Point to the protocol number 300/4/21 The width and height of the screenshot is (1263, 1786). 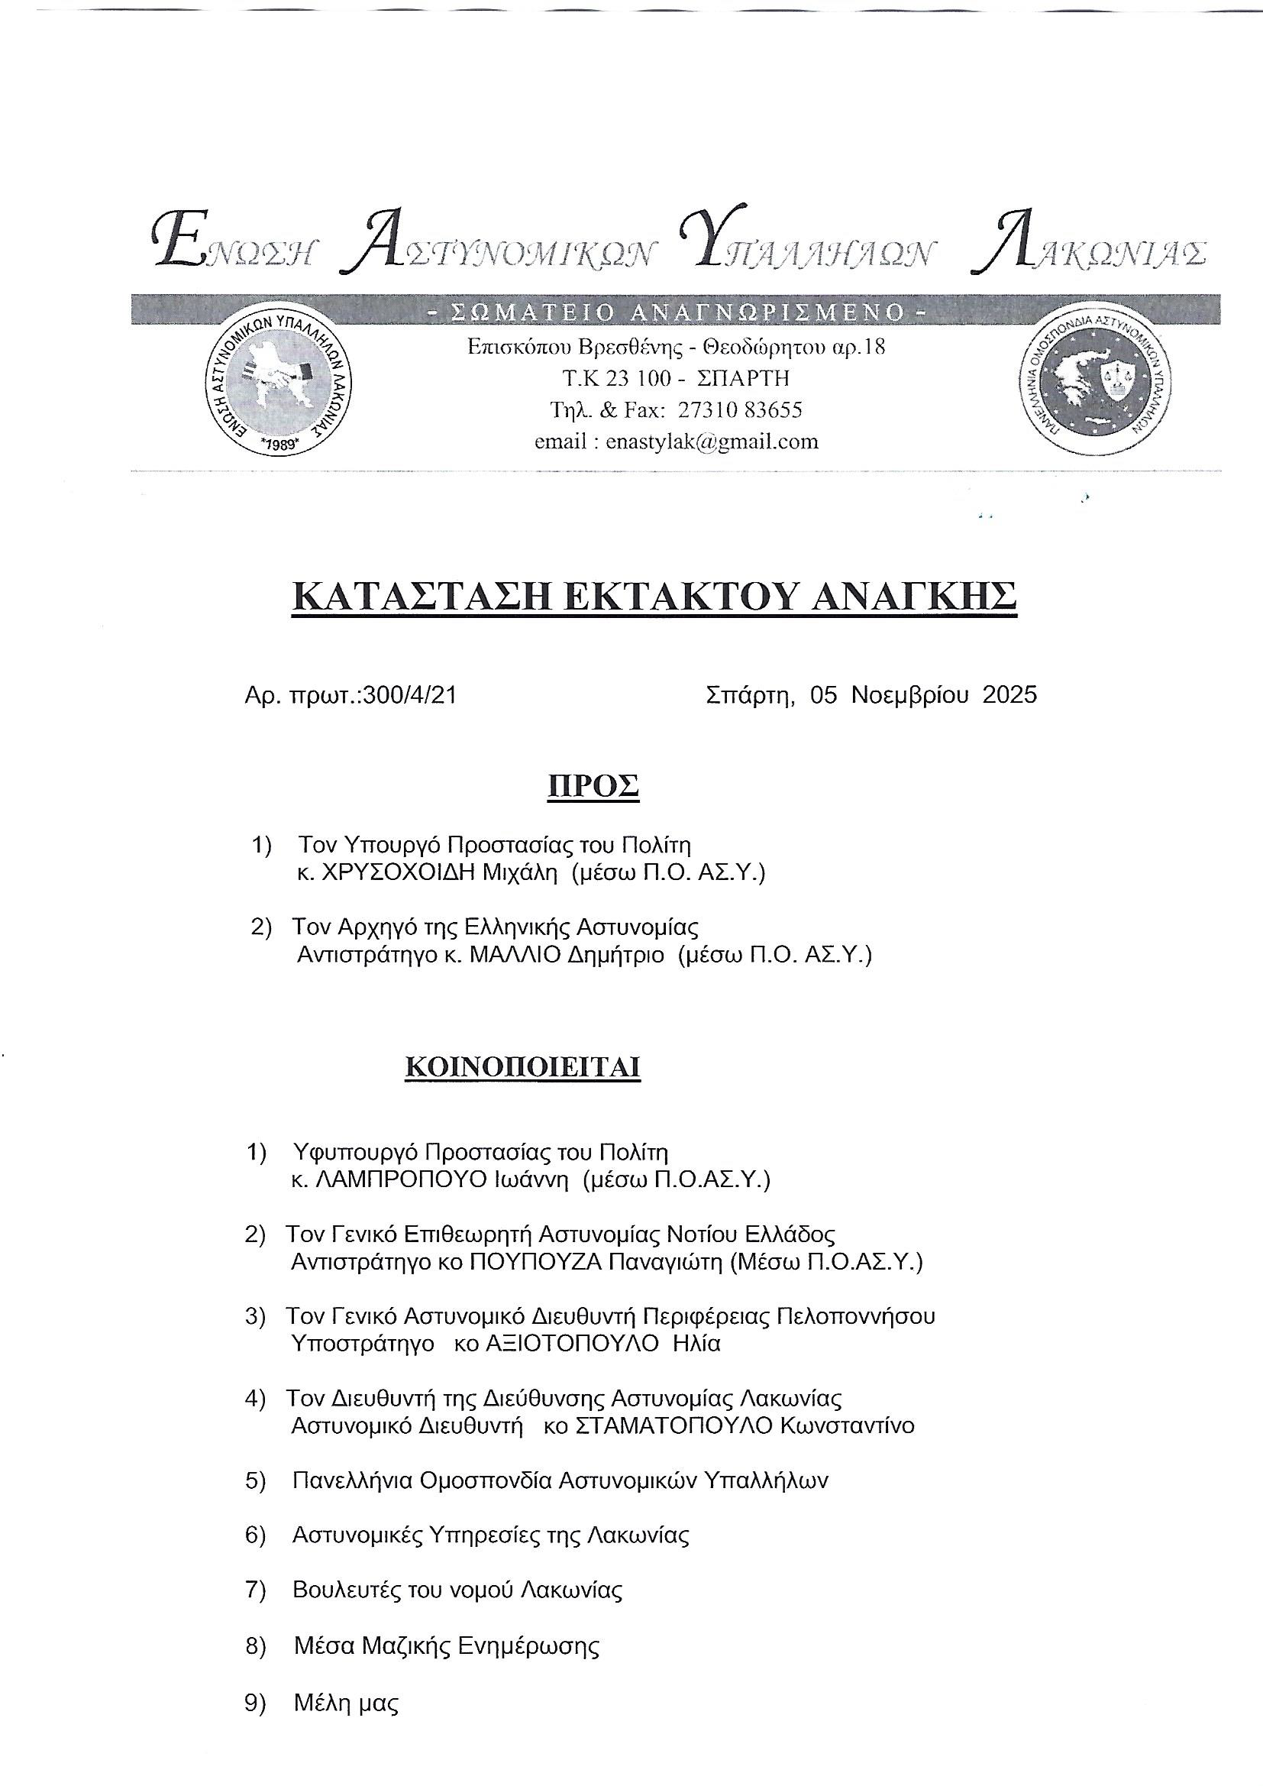tap(409, 694)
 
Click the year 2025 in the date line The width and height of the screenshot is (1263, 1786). tap(1009, 694)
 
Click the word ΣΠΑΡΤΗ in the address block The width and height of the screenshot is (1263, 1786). tap(744, 378)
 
